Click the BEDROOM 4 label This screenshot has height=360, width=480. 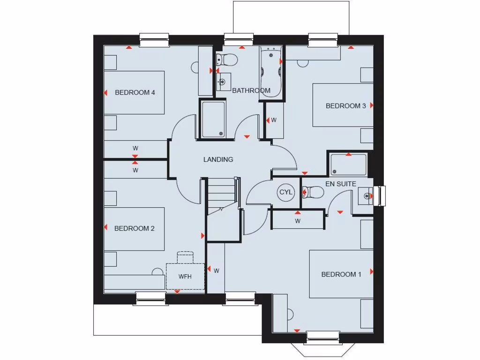[x=135, y=92]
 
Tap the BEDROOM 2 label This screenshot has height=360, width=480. [x=135, y=228]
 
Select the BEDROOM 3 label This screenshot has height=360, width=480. [x=346, y=106]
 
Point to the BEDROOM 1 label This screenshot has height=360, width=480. [x=341, y=274]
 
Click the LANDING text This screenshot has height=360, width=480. [x=218, y=159]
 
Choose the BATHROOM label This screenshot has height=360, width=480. [x=251, y=90]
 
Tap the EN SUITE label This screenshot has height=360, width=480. [x=341, y=184]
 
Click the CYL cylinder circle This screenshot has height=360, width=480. [x=285, y=192]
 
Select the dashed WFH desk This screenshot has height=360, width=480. [x=185, y=276]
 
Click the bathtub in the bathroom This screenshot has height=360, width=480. [x=271, y=71]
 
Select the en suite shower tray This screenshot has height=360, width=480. [x=348, y=164]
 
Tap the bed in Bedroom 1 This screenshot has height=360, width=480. [x=341, y=274]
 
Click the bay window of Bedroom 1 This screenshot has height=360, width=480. [x=322, y=345]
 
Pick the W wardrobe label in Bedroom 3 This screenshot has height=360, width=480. [x=274, y=120]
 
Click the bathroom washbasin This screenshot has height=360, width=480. [x=224, y=81]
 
